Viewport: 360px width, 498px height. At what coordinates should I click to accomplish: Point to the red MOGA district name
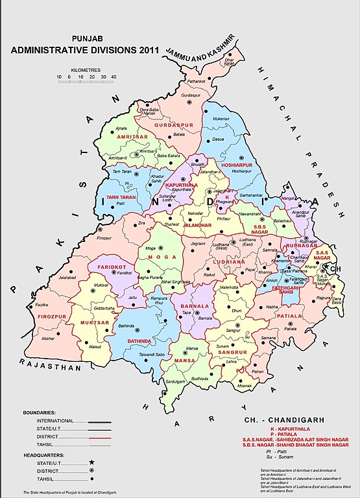pyautogui.click(x=158, y=257)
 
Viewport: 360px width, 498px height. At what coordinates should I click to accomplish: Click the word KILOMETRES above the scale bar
pyautogui.click(x=87, y=67)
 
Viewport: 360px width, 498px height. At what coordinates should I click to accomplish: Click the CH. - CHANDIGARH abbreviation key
pyautogui.click(x=280, y=420)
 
